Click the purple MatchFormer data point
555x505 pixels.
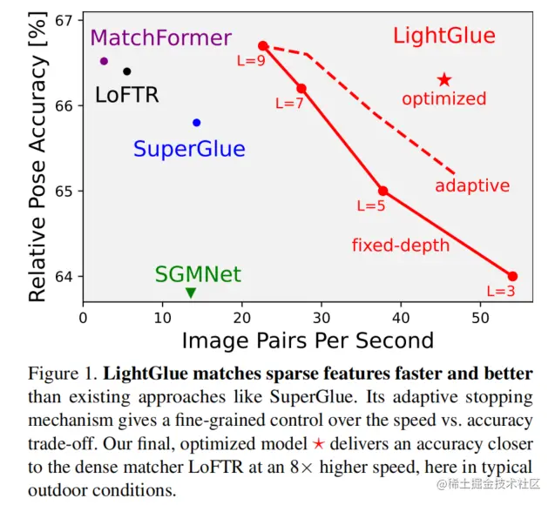point(105,61)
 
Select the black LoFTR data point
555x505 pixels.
point(127,71)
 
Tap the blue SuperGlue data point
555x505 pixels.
point(197,123)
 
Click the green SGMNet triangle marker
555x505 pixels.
point(191,293)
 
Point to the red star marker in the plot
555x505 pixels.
point(444,80)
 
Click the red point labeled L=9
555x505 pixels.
point(263,45)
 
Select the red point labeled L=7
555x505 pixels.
point(301,89)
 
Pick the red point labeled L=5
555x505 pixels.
point(382,191)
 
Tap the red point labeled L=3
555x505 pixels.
point(512,276)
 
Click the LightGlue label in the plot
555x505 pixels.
point(443,37)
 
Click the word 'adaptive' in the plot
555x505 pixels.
point(472,186)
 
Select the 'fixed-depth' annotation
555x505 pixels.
point(401,246)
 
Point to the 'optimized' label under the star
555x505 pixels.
point(444,99)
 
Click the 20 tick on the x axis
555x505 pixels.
point(242,318)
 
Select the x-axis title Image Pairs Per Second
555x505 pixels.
point(308,340)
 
